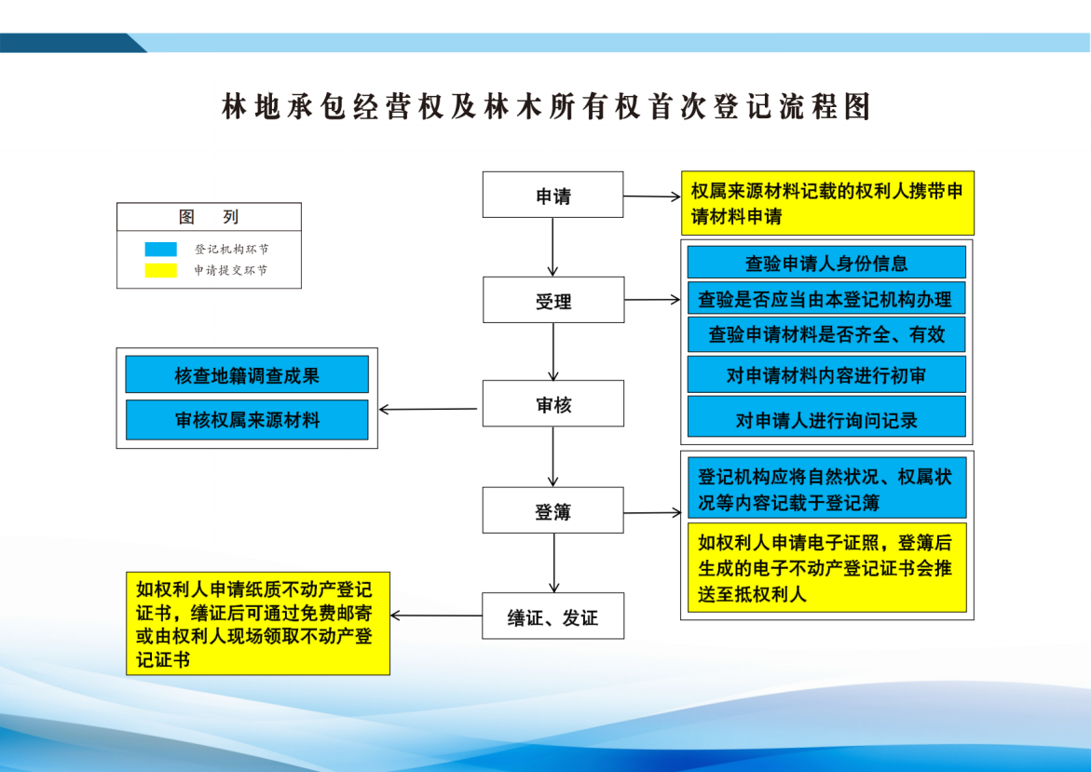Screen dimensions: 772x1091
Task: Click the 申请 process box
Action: [552, 195]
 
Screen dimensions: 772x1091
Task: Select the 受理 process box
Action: [552, 300]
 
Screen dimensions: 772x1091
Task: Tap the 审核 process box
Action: [552, 403]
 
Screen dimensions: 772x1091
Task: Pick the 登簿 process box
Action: [552, 510]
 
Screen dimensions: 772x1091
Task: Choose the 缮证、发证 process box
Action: [552, 616]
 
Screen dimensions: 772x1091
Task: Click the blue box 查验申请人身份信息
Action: [826, 263]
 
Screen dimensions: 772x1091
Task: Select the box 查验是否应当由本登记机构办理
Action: [826, 299]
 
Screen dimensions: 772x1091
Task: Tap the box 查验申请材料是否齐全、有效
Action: [826, 334]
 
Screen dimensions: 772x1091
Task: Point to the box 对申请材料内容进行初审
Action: [826, 374]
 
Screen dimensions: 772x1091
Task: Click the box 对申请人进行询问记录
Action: [826, 418]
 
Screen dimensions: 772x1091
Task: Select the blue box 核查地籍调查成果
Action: [247, 374]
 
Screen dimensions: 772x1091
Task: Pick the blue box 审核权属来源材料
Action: [247, 419]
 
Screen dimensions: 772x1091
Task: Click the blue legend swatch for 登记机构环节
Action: [160, 250]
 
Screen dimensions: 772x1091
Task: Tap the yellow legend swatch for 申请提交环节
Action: [160, 270]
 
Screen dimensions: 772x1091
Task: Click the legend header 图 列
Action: [209, 217]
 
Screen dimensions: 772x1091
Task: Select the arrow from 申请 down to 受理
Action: [553, 247]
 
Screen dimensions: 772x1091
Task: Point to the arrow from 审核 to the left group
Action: [430, 409]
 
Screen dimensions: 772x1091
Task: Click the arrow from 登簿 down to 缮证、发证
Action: [554, 562]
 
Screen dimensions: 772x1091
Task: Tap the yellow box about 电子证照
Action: [826, 567]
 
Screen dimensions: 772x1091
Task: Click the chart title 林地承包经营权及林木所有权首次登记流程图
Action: [546, 107]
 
